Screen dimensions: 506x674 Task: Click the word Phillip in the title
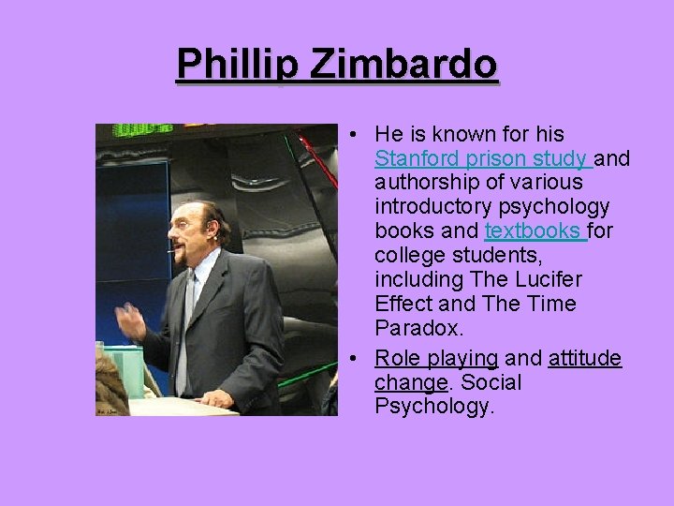236,65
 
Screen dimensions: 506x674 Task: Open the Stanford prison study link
481,157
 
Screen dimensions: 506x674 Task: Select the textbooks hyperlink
534,231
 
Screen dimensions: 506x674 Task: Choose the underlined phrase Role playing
436,357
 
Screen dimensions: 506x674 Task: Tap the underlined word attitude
585,357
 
